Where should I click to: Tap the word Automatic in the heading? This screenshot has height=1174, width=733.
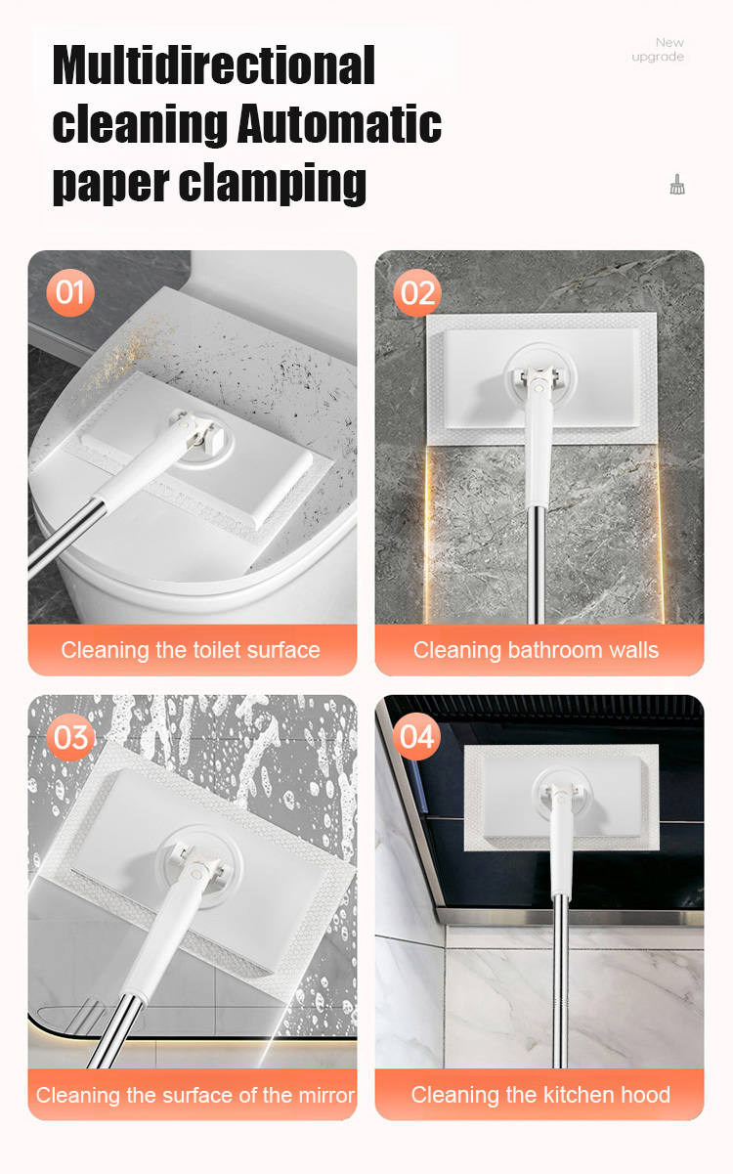coord(339,124)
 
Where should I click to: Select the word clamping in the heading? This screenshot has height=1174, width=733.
coord(273,184)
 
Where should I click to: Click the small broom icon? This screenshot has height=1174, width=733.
coord(677,185)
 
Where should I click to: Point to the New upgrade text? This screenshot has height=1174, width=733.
coord(658,49)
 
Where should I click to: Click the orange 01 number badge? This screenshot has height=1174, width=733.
coord(70,292)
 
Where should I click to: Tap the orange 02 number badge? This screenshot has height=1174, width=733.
coord(417,292)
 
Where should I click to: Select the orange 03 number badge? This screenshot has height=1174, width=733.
coord(70,737)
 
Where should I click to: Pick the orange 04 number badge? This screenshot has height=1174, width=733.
coord(416,736)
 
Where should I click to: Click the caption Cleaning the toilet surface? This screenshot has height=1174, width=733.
coord(191,650)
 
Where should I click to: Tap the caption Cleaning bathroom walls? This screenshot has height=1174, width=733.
coord(536,650)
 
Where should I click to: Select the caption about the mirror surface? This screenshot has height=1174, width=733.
coord(194,1096)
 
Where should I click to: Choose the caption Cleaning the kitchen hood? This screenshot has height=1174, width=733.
coord(540,1095)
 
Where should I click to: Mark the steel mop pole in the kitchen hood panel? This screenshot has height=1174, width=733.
coord(561,980)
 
